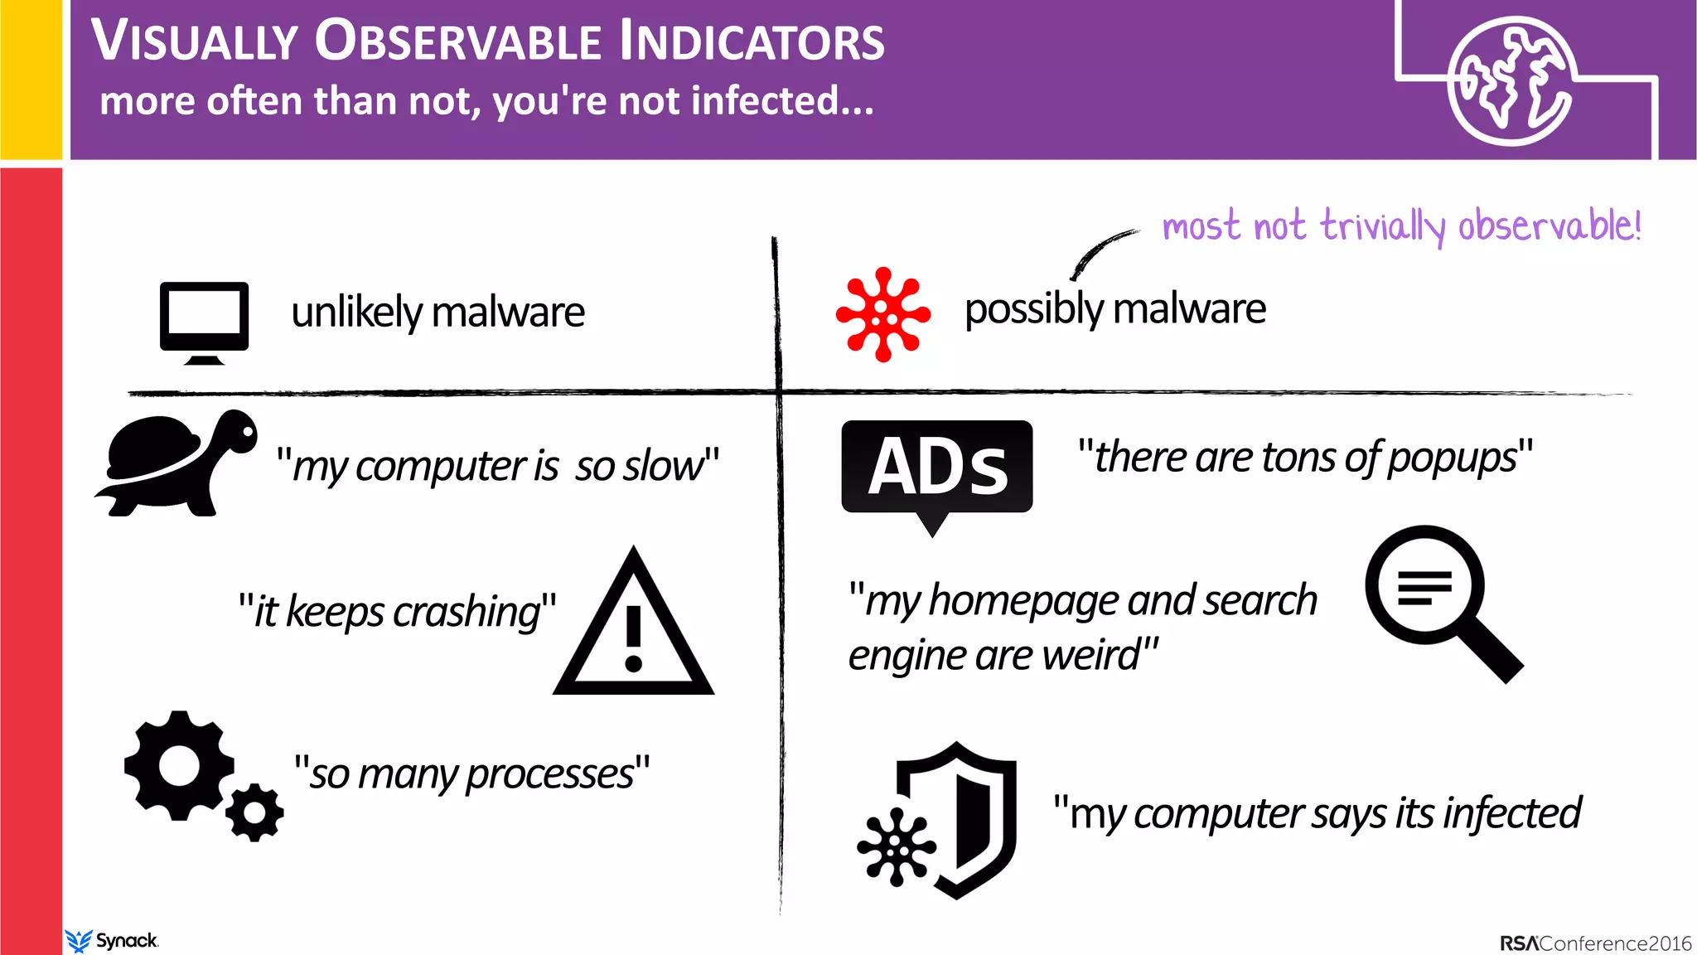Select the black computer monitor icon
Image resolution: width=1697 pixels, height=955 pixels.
(x=204, y=321)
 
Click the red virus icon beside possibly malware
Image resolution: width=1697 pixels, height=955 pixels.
(x=882, y=314)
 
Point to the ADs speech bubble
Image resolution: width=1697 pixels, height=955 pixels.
(x=936, y=468)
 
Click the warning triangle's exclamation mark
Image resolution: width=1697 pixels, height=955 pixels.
(x=634, y=638)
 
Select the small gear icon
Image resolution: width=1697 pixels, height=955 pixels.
(x=254, y=812)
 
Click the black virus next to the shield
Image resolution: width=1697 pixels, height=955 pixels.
(x=896, y=847)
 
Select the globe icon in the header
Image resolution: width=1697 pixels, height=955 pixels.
(x=1510, y=81)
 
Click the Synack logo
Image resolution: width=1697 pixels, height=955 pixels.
(x=112, y=941)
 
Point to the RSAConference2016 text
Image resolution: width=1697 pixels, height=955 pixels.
(x=1595, y=943)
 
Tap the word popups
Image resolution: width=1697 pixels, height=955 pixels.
(x=1452, y=458)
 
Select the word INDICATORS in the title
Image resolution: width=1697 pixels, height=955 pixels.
(x=752, y=41)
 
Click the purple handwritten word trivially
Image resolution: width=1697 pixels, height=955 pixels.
(x=1382, y=226)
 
